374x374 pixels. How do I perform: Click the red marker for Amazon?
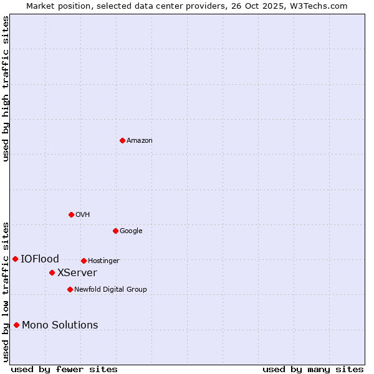coord(122,140)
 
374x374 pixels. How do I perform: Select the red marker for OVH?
coord(71,214)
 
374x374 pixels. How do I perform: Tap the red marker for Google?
coord(115,231)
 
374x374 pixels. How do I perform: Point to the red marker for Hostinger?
coord(84,261)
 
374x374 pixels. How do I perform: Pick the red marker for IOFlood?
coord(15,259)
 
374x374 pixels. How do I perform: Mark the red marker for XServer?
coord(52,272)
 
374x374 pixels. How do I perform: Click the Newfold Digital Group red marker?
coord(70,289)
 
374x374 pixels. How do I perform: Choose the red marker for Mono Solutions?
coord(16,325)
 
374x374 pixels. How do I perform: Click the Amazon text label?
coord(140,140)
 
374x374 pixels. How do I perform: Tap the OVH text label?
coord(83,214)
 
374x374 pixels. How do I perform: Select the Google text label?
coord(131,231)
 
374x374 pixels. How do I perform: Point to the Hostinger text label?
coord(103,261)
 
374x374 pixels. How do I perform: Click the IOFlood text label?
coord(40,259)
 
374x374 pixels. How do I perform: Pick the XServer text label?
coord(77,272)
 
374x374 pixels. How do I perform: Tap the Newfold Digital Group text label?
coord(110,289)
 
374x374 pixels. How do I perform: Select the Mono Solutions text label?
coord(60,325)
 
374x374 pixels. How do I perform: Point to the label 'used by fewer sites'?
coord(64,369)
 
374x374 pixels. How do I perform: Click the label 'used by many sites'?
coord(313,369)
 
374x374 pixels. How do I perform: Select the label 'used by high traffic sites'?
coord(6,89)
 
